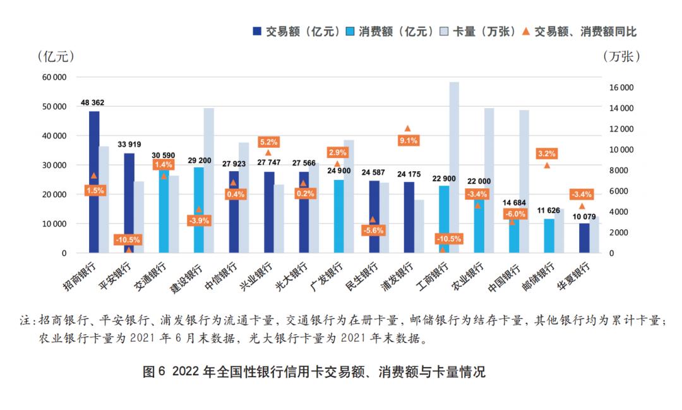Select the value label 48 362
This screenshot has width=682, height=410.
click(x=93, y=102)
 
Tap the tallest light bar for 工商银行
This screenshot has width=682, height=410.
click(x=454, y=167)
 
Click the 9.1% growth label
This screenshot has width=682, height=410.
click(x=408, y=141)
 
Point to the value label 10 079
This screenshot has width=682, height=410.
click(x=584, y=217)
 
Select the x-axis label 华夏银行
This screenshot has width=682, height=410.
click(x=571, y=276)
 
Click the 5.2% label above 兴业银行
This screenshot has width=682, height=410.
click(x=268, y=142)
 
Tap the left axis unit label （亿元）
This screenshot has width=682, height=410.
click(x=56, y=56)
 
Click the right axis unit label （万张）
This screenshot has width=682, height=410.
click(x=622, y=56)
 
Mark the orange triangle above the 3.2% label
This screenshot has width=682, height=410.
click(x=547, y=165)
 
